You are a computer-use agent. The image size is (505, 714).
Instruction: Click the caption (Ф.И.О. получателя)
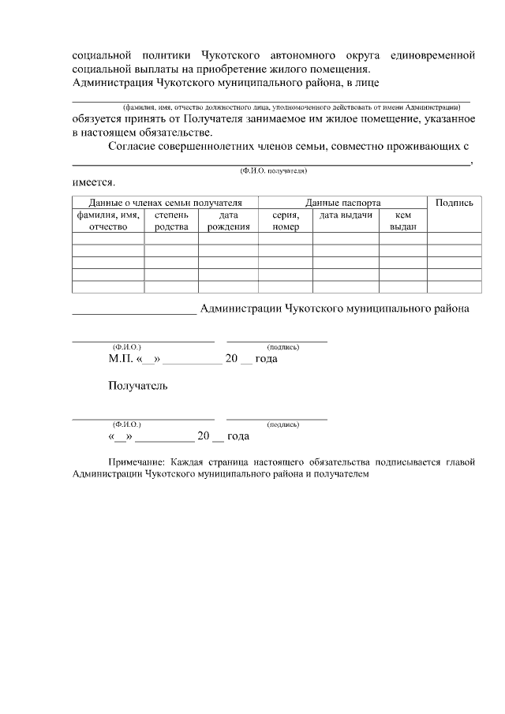[x=268, y=170]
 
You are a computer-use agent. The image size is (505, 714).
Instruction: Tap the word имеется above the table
[x=92, y=183]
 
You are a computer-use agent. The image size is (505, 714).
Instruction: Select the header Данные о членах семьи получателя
[x=165, y=203]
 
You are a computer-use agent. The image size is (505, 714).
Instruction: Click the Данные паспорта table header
[x=342, y=203]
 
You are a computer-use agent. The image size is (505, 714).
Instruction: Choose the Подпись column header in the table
[x=454, y=203]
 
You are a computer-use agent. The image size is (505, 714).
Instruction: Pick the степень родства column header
[x=171, y=220]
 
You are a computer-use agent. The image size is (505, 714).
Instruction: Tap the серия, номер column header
[x=285, y=220]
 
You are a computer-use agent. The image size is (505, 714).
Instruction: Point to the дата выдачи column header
[x=346, y=215]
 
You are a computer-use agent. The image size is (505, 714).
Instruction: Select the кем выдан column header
[x=402, y=220]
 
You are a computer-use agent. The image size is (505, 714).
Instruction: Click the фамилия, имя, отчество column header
[x=108, y=220]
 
